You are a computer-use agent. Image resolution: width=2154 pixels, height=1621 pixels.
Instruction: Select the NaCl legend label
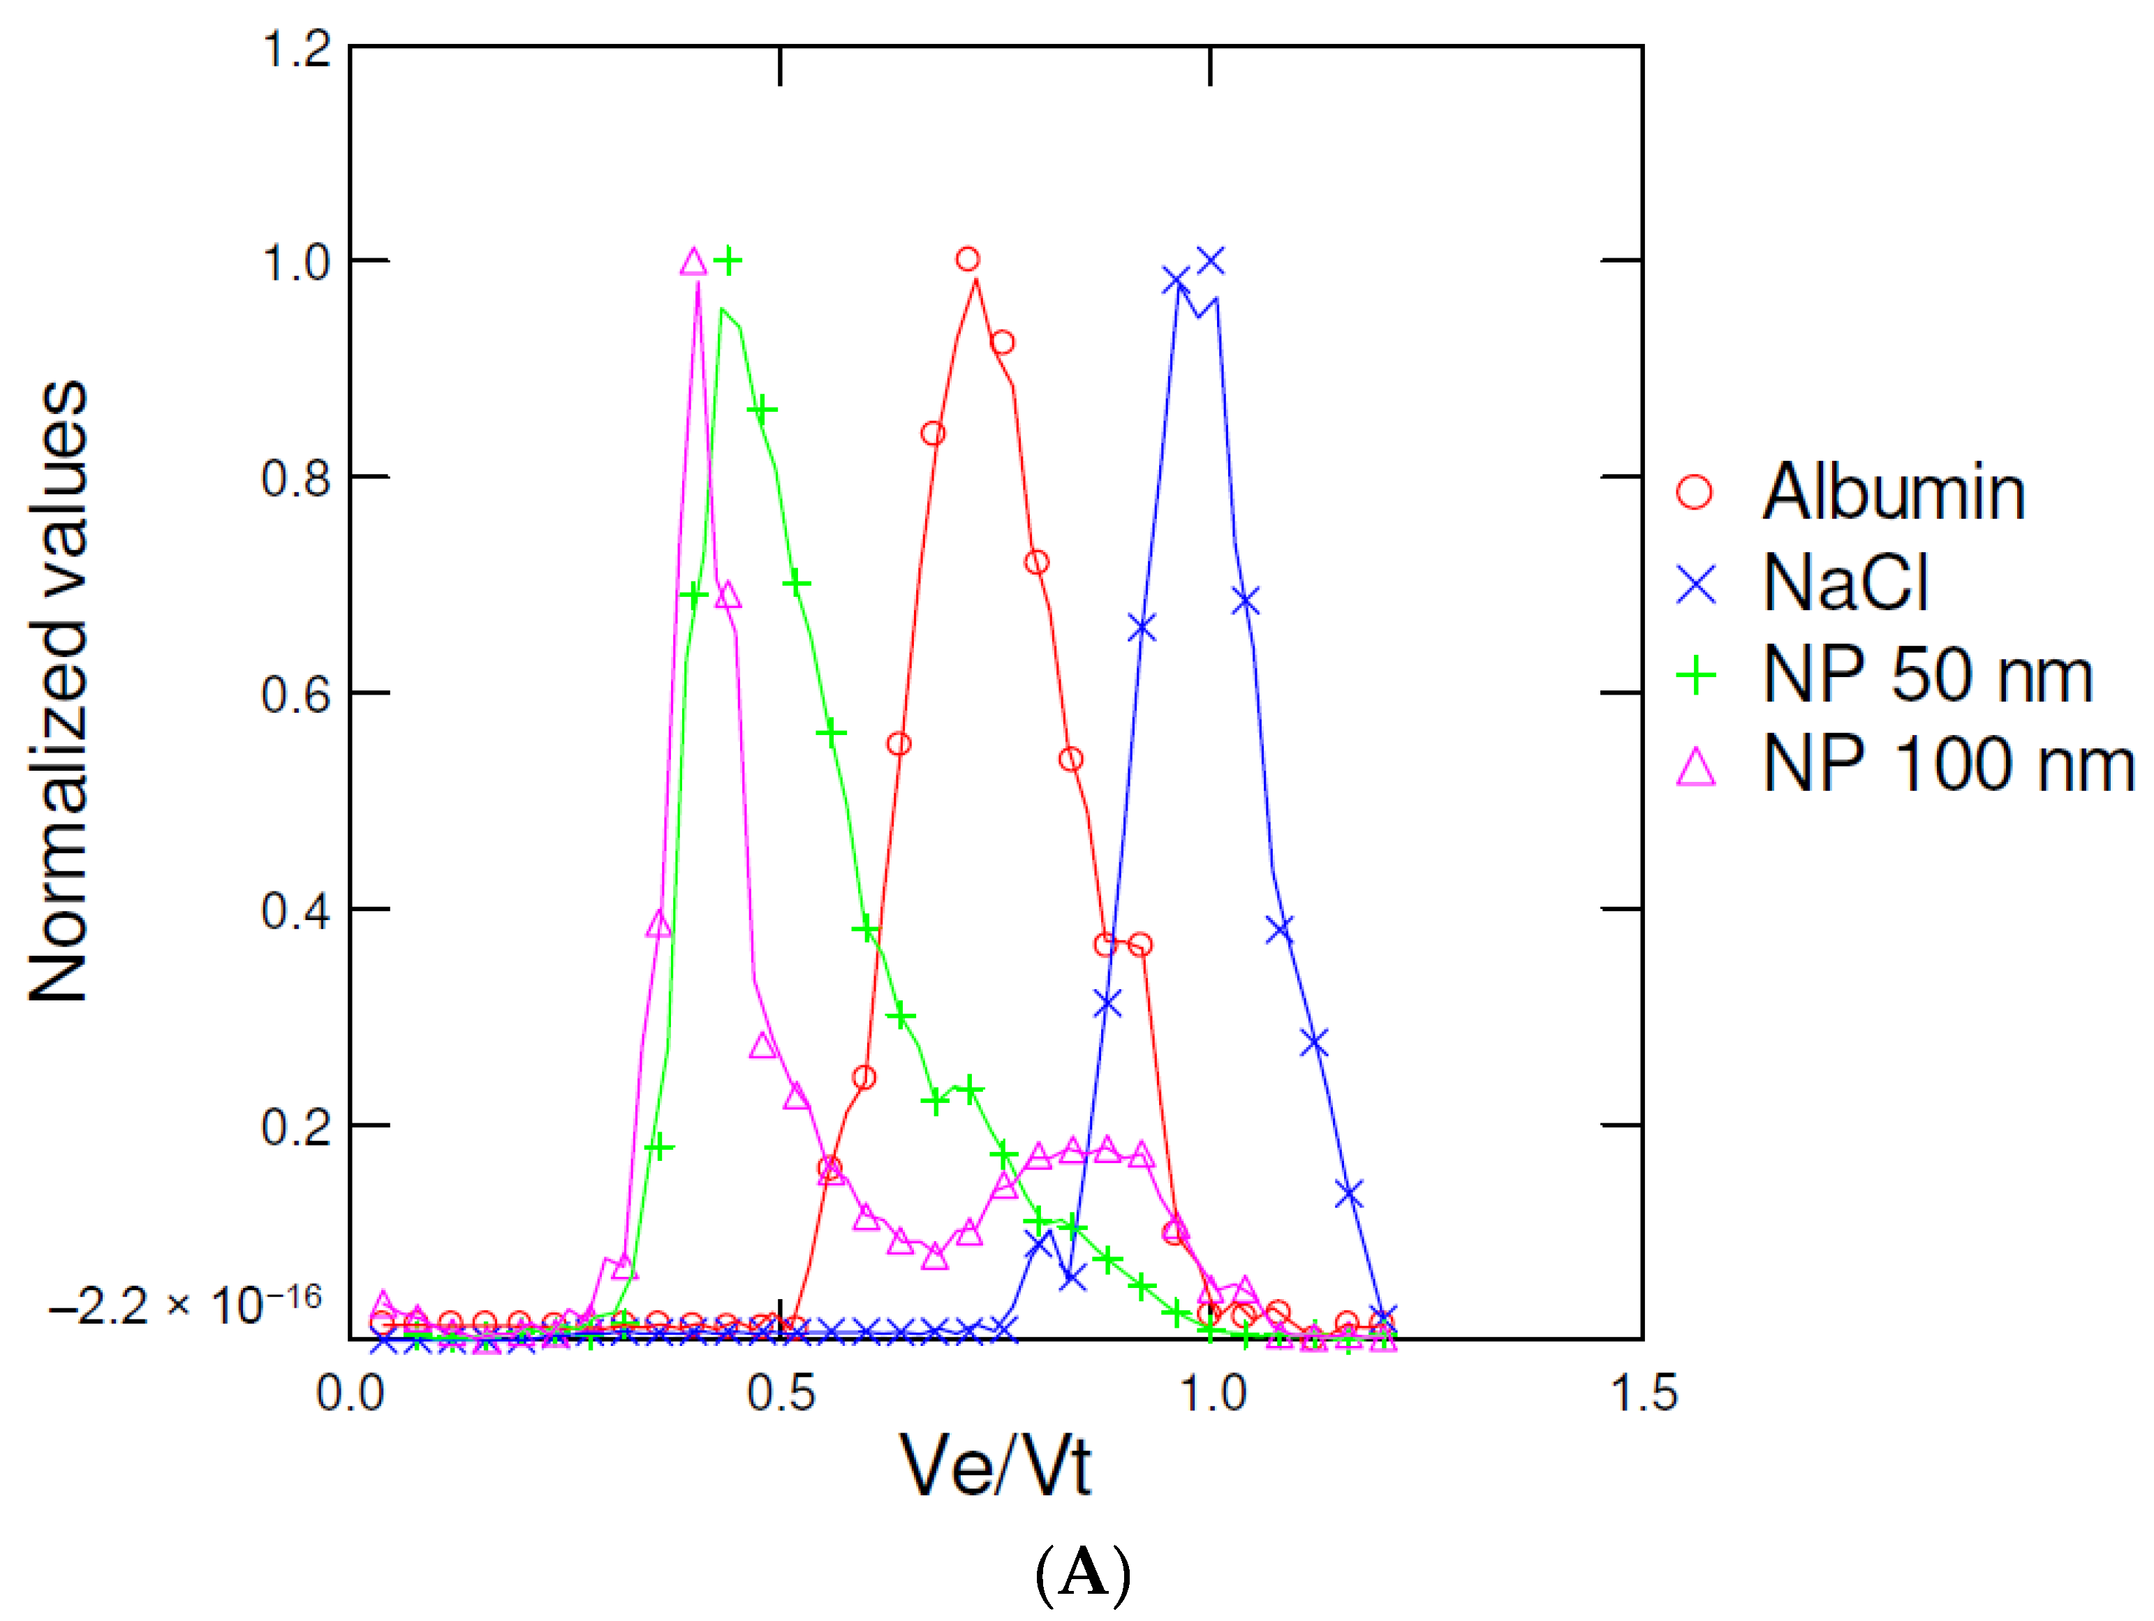pyautogui.click(x=1845, y=583)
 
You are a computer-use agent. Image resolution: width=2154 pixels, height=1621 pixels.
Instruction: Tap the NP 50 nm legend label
pyautogui.click(x=1928, y=674)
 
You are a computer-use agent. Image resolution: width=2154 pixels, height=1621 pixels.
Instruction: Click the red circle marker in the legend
pyautogui.click(x=1695, y=491)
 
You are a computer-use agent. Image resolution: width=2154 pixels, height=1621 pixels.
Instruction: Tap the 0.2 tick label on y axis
pyautogui.click(x=297, y=1127)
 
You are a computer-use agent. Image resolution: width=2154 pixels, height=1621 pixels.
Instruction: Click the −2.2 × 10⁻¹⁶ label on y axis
pyautogui.click(x=185, y=1305)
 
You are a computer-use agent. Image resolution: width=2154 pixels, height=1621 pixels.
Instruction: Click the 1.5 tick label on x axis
pyautogui.click(x=1644, y=1392)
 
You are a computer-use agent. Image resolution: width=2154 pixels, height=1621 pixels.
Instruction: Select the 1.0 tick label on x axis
pyautogui.click(x=1212, y=1392)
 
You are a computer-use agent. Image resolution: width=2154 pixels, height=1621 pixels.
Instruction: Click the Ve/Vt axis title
pyautogui.click(x=995, y=1466)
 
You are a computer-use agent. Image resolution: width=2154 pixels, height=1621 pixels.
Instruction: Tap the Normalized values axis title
pyautogui.click(x=59, y=691)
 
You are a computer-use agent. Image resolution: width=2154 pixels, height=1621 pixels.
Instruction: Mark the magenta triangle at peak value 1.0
pyautogui.click(x=693, y=262)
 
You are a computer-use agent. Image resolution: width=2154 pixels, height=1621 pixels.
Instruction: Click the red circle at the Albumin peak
pyautogui.click(x=967, y=259)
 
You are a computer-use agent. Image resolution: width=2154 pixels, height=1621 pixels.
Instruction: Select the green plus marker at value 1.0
pyautogui.click(x=728, y=261)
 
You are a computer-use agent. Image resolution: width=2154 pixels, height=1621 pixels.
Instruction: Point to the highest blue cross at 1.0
pyautogui.click(x=1211, y=261)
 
